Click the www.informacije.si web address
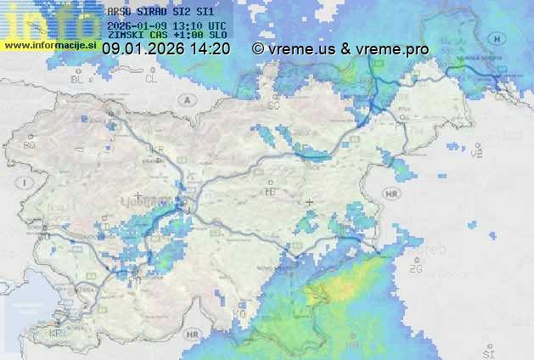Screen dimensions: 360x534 click(51, 45)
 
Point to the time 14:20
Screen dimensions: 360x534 click(211, 49)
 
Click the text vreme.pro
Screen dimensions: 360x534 click(392, 49)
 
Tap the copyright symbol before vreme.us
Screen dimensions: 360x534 click(258, 49)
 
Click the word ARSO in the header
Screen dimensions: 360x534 click(119, 13)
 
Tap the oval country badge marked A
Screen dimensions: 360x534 click(185, 99)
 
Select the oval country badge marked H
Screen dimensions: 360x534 click(497, 39)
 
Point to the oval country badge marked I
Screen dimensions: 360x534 click(27, 183)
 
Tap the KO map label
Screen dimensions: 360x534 click(239, 313)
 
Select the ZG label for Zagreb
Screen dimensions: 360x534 click(415, 269)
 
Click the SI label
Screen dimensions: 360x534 click(487, 353)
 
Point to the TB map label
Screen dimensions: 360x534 click(270, 192)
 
